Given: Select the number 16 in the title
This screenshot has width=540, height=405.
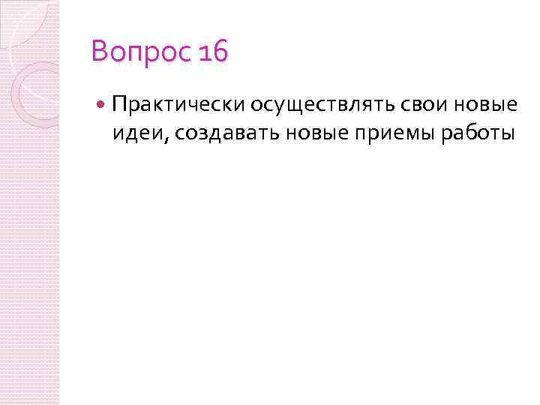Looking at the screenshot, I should coord(213,52).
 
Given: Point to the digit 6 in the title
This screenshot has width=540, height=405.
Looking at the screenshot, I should coord(220,52).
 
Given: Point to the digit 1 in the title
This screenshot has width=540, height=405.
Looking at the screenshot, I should coord(205,52).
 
